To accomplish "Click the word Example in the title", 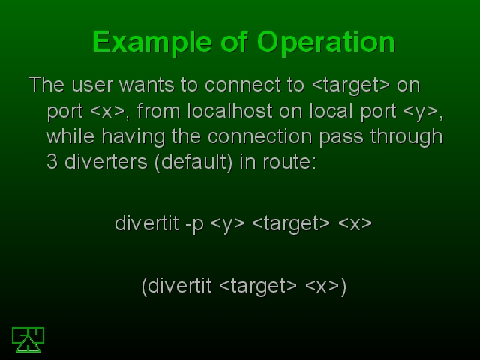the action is click(152, 43).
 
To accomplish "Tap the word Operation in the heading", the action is click(326, 43).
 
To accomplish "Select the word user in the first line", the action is click(92, 85).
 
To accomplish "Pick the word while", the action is click(70, 136).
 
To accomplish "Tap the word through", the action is click(406, 137).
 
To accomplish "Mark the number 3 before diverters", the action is click(52, 162).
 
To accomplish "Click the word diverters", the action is click(106, 162).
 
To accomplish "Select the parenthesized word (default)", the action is click(193, 163).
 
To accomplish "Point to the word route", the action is click(289, 163).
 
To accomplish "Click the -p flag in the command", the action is click(194, 224).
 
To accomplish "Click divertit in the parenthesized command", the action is click(180, 286).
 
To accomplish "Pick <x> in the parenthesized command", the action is click(322, 286).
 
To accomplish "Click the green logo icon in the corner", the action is click(28, 340).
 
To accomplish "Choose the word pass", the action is click(341, 137).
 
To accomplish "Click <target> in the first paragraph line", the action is click(351, 85).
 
